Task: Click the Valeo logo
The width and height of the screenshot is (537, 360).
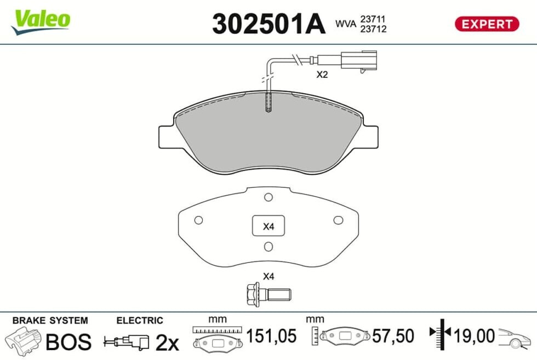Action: (41, 22)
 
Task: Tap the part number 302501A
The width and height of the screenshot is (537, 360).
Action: (268, 24)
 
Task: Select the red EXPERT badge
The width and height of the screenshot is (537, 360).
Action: (487, 24)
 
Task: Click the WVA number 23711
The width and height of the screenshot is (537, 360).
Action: (373, 19)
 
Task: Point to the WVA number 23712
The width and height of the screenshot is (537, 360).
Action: (373, 29)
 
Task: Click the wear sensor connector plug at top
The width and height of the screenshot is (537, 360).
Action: (358, 61)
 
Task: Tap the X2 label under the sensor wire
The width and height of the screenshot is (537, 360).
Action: (322, 75)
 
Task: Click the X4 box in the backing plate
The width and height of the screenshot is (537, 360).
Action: (268, 226)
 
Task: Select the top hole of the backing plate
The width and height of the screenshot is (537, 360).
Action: (268, 197)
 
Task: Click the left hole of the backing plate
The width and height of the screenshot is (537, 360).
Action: (198, 220)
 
